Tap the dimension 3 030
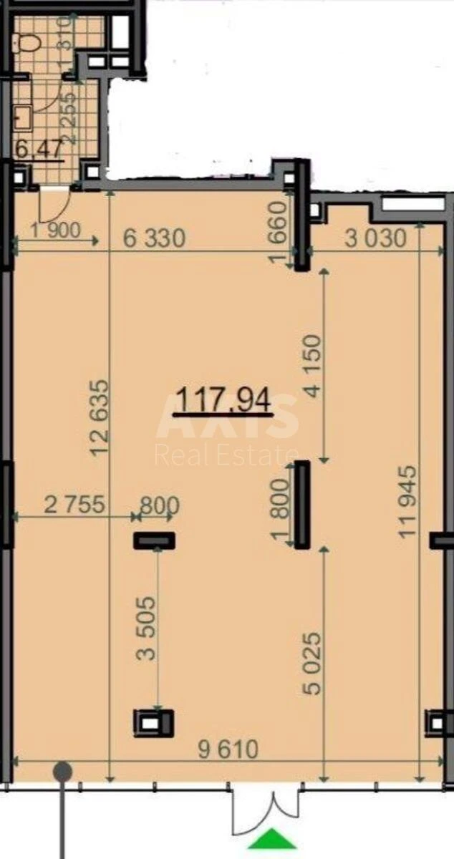click(375, 238)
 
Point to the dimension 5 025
click(314, 662)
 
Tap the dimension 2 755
click(74, 505)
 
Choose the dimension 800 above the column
click(158, 505)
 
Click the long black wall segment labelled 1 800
click(302, 505)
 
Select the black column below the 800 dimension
click(155, 540)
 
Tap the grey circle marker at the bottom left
click(63, 772)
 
